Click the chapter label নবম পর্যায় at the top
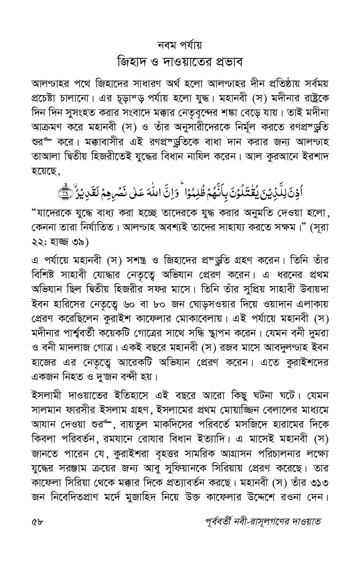coord(179,45)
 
